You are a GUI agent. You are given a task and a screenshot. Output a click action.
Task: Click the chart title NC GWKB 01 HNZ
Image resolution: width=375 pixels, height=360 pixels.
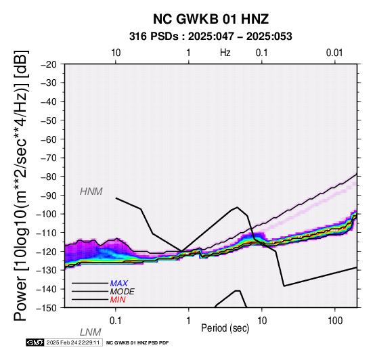(211, 19)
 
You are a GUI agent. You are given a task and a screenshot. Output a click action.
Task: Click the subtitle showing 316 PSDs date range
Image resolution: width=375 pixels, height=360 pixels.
(211, 37)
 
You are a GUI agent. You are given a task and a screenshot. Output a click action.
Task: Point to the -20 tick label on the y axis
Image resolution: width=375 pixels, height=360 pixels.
(49, 64)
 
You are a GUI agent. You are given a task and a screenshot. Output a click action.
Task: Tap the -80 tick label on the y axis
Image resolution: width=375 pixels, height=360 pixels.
(49, 177)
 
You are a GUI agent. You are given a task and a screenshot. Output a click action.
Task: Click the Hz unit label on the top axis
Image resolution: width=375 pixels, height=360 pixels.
(225, 52)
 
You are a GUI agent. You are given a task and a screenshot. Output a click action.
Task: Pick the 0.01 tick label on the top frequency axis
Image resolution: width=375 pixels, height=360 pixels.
(334, 53)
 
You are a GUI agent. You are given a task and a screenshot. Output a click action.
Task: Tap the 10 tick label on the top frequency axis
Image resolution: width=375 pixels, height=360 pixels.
(116, 53)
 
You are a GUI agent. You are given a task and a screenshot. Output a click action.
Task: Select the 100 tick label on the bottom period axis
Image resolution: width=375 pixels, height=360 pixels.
(335, 321)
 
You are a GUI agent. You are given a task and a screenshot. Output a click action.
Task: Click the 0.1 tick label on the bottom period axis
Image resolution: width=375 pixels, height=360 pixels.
(116, 321)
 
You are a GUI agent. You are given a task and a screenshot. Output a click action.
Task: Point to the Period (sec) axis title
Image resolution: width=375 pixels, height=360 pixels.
(225, 328)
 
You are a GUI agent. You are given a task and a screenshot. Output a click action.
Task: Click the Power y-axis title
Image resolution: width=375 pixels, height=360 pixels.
(20, 185)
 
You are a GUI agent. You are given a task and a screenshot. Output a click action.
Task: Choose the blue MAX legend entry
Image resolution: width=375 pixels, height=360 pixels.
(119, 284)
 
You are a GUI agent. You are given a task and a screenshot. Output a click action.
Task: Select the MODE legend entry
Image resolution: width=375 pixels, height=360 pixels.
(123, 292)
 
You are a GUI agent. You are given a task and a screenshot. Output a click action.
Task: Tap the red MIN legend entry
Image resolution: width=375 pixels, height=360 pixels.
(118, 300)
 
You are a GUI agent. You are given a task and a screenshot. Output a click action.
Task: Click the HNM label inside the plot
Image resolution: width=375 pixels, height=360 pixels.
(91, 192)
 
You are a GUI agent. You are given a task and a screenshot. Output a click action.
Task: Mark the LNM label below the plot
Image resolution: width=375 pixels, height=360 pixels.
(91, 332)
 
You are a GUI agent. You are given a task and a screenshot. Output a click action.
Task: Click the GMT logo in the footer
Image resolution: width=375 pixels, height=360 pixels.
(35, 342)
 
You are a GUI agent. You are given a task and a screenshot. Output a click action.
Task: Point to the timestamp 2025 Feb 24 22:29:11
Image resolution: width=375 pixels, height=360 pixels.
(73, 342)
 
